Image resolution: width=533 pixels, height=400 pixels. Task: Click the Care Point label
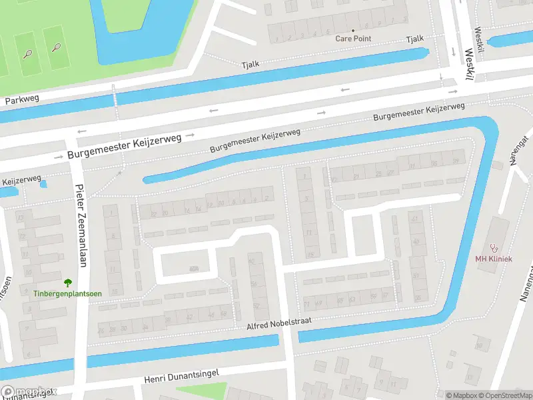click(x=353, y=39)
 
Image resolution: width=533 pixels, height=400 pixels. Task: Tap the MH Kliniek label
click(x=493, y=259)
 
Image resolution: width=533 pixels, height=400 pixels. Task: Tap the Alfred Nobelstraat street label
click(x=280, y=323)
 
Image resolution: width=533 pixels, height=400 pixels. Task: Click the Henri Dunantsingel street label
click(x=181, y=377)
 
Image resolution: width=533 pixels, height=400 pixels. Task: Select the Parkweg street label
click(x=22, y=100)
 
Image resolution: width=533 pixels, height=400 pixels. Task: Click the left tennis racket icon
click(x=28, y=53)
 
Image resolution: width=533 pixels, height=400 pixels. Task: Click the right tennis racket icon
click(x=57, y=48)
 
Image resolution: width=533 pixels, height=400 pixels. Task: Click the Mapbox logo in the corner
click(x=28, y=393)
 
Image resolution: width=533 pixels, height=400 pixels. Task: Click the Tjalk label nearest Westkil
click(x=414, y=41)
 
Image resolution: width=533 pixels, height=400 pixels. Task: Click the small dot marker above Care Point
click(x=353, y=31)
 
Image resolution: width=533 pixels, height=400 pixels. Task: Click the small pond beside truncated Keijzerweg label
click(x=43, y=183)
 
